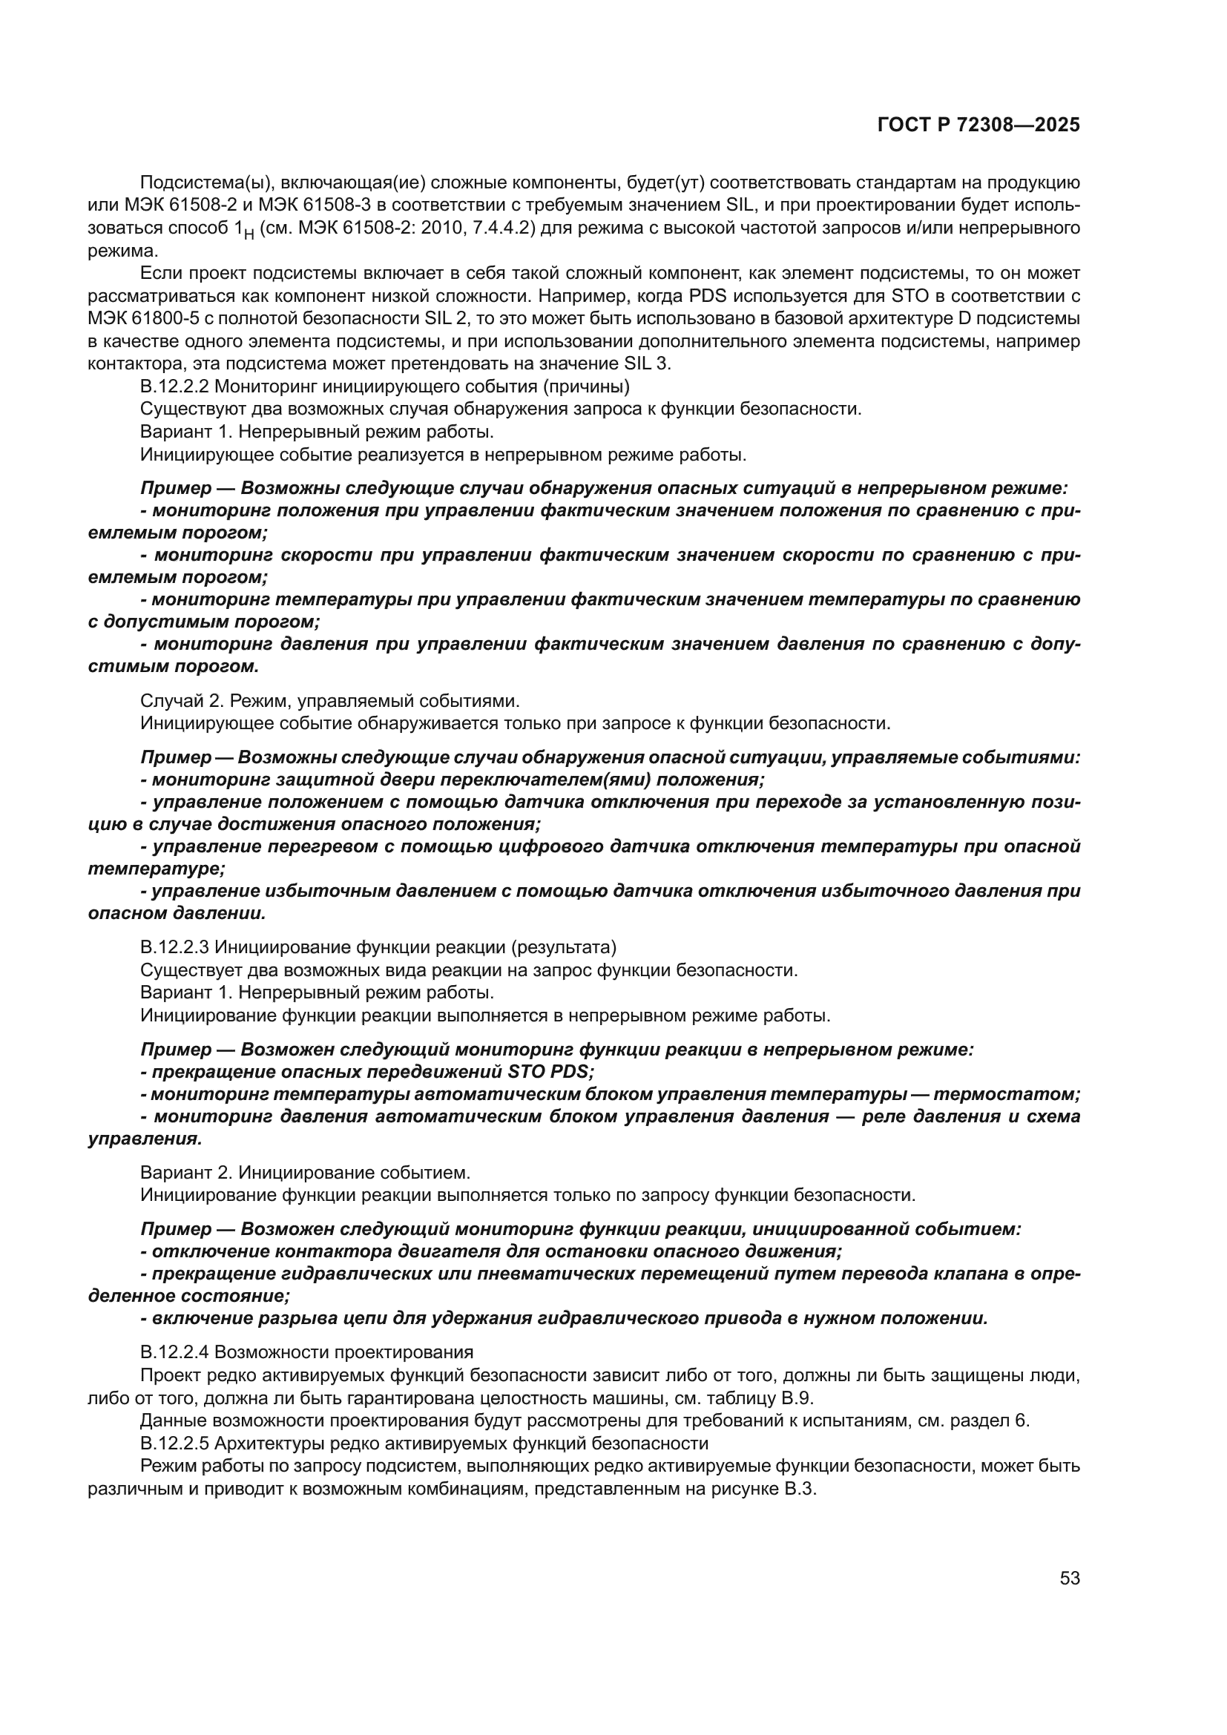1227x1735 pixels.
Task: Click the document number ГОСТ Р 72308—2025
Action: click(x=978, y=125)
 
